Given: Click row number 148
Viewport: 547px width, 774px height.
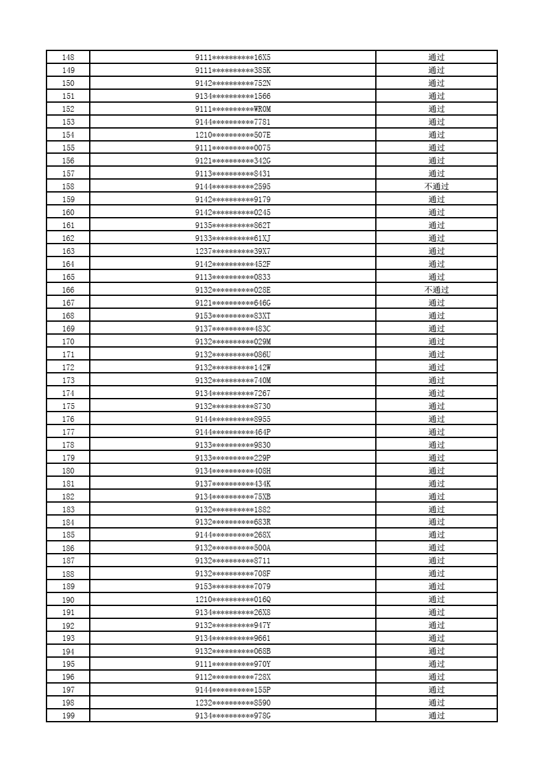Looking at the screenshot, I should click(68, 58).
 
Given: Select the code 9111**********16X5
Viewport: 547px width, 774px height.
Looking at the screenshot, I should click(232, 58).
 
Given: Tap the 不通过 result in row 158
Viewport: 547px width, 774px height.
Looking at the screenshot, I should click(437, 187).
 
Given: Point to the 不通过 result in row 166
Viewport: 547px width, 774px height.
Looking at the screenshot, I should click(437, 290).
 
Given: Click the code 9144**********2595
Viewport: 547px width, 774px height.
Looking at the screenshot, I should click(232, 187).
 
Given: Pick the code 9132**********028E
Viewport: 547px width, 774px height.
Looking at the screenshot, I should click(232, 290).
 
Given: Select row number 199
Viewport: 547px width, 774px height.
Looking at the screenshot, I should click(68, 716).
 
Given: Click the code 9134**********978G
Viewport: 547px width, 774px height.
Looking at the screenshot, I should click(232, 716).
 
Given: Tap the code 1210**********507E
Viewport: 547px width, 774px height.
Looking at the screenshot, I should click(232, 135).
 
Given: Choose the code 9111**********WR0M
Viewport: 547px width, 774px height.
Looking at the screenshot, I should click(232, 109).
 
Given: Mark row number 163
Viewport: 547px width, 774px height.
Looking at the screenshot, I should click(68, 251).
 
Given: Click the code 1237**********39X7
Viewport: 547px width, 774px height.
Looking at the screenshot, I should click(232, 251).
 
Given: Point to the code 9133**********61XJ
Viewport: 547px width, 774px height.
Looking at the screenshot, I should click(232, 238).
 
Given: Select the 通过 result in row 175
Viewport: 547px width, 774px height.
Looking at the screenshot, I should click(437, 406).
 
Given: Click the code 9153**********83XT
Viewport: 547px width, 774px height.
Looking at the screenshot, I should click(232, 316).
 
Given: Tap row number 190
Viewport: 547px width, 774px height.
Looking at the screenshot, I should click(68, 600).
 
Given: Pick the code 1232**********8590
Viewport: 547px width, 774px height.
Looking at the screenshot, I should click(232, 703).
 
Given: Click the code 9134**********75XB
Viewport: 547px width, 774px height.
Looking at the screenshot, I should click(232, 497).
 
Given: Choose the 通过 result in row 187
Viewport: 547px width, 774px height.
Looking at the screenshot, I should click(437, 561).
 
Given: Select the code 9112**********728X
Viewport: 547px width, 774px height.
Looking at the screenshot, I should click(232, 677).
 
